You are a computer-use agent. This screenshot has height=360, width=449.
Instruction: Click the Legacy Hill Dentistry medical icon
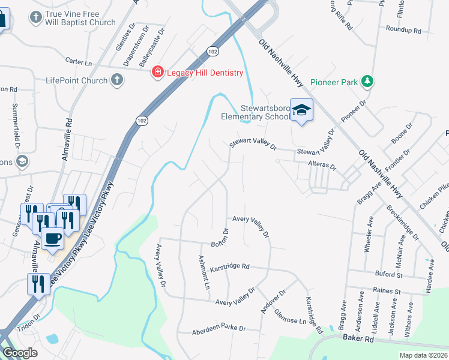(x=157, y=73)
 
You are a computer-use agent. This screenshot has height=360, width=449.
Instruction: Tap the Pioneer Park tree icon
(x=367, y=82)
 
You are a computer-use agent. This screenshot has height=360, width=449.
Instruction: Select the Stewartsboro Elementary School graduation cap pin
(x=301, y=110)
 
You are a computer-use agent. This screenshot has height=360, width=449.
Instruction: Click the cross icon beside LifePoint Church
(x=117, y=80)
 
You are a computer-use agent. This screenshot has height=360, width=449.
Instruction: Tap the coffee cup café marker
(x=53, y=238)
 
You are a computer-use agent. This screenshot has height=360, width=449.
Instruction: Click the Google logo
(x=20, y=353)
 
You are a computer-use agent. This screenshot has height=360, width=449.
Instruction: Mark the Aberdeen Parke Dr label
(x=219, y=329)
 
